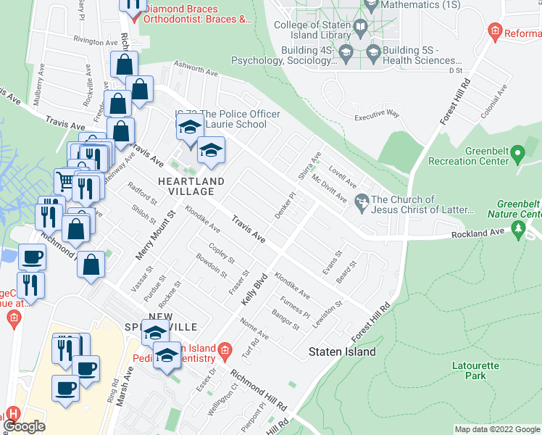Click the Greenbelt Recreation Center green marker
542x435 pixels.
(517, 154)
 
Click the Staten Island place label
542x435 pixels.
(342, 352)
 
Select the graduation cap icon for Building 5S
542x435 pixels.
(373, 51)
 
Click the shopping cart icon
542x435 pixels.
(65, 178)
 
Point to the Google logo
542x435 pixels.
(25, 426)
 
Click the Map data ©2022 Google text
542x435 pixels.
(497, 429)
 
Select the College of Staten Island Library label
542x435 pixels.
(317, 30)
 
